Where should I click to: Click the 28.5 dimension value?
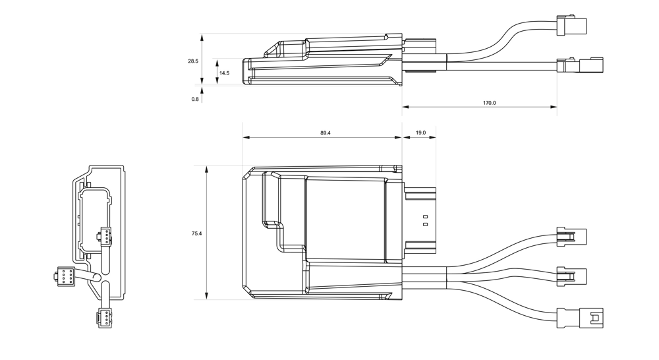point(192,61)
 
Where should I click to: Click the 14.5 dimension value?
point(224,73)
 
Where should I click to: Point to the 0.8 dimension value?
point(195,99)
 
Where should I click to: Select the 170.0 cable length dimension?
point(489,103)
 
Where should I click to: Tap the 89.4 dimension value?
point(326,133)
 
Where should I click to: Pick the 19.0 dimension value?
point(420,133)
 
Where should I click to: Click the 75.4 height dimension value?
point(196,233)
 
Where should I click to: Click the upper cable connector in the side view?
point(570,26)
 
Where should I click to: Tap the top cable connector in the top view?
point(571,236)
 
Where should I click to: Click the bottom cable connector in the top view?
point(580,318)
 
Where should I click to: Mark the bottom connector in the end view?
point(104,318)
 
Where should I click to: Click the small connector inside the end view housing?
point(105,235)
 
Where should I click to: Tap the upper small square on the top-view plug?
point(425,217)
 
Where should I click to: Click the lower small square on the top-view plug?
point(425,225)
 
